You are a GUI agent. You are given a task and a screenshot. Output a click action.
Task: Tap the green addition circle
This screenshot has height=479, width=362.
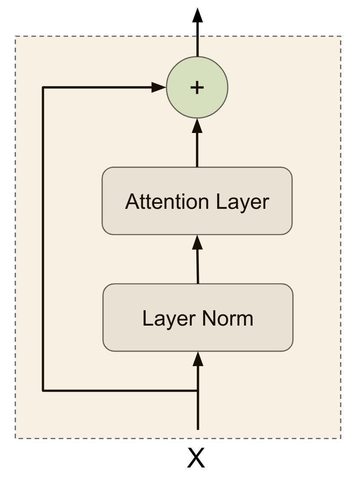[x=197, y=87]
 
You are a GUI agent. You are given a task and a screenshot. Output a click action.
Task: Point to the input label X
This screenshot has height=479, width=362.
[x=196, y=458]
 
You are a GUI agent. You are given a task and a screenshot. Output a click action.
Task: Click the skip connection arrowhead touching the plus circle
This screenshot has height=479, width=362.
[x=159, y=87]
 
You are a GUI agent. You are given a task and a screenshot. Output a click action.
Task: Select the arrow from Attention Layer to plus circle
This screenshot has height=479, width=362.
[x=197, y=145]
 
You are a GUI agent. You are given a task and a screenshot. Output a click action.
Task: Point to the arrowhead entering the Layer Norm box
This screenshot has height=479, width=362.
[x=197, y=359]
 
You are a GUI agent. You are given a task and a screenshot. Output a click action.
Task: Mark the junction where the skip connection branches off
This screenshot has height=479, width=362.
[x=197, y=390]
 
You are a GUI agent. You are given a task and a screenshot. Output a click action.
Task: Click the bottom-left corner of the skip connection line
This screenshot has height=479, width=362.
[x=43, y=390]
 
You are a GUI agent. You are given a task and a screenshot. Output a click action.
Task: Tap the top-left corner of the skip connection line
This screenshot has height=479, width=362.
[x=43, y=87]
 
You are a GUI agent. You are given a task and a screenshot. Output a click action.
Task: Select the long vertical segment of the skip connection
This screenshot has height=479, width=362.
[x=43, y=239]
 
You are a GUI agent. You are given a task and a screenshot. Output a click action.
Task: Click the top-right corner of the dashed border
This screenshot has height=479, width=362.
[x=341, y=37]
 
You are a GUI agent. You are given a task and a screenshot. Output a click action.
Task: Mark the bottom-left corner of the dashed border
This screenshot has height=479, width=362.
[x=16, y=438]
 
